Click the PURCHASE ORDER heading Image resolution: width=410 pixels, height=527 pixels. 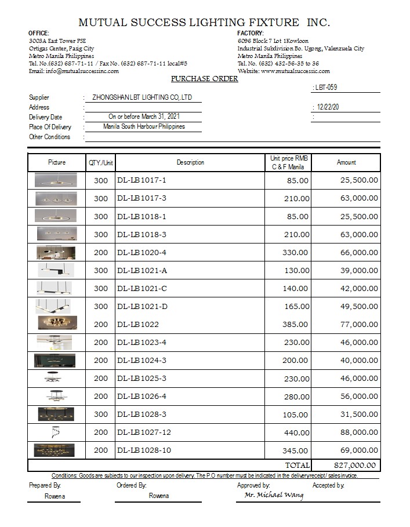click(x=204, y=79)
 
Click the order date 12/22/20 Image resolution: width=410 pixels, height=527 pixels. click(x=328, y=107)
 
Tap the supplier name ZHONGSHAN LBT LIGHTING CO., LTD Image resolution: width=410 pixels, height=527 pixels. click(x=142, y=97)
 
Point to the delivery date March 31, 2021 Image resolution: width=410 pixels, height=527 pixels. click(x=144, y=117)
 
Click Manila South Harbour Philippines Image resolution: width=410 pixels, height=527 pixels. click(x=144, y=126)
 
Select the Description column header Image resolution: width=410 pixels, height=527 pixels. click(x=190, y=162)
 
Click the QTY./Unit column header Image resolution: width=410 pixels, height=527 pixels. click(x=101, y=162)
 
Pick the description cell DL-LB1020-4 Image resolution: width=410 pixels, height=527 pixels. click(x=141, y=252)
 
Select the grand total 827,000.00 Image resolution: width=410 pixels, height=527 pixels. click(x=355, y=465)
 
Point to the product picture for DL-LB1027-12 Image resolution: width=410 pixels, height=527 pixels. click(x=56, y=432)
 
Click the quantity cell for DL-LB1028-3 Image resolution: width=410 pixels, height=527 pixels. click(x=101, y=415)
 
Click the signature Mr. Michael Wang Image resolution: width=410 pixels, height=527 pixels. click(x=274, y=495)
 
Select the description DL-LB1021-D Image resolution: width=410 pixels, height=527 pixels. click(x=142, y=306)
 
